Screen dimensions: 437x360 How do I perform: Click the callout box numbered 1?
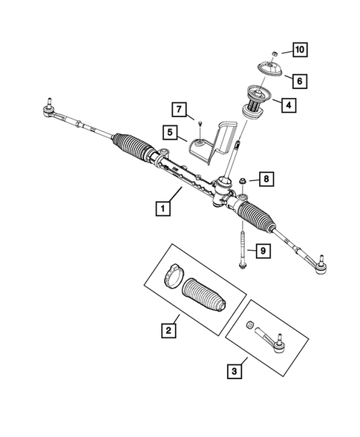pos(160,209)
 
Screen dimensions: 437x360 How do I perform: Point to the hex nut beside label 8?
pos(244,180)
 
